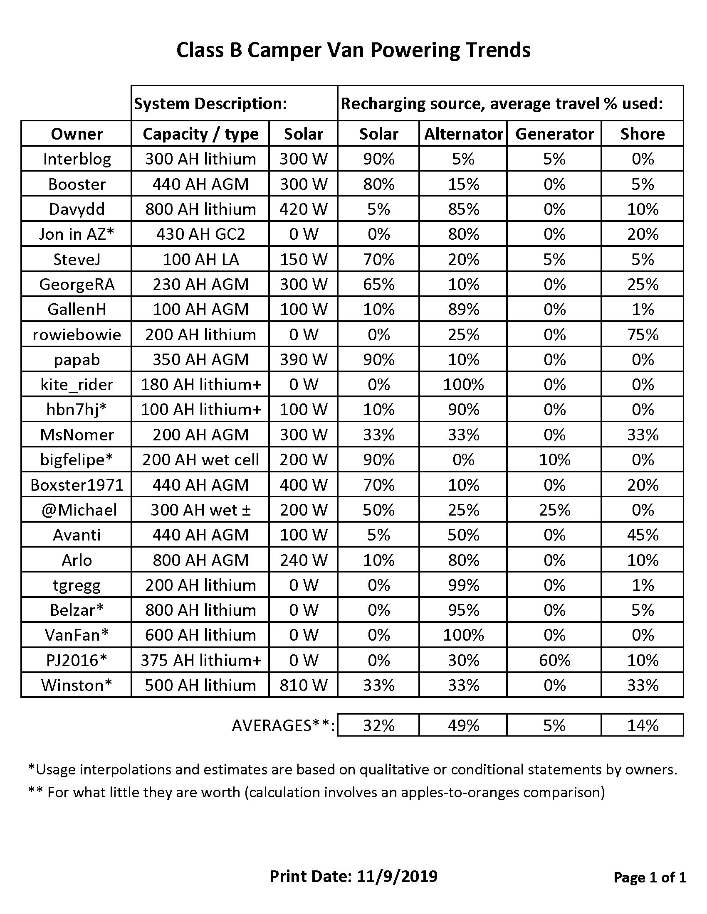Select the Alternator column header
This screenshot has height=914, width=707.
coord(463,134)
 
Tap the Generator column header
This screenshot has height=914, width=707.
coord(554,134)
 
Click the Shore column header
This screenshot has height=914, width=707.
coord(643,134)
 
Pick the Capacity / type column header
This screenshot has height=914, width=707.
coord(200,134)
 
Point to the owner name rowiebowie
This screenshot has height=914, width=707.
coord(77,335)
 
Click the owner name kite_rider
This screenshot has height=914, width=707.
coord(77,385)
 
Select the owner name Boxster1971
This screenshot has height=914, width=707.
coord(77,485)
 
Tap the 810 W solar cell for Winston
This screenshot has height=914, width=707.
coord(303,685)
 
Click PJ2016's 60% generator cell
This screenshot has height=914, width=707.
coord(554,661)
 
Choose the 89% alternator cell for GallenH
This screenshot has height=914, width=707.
coord(463,310)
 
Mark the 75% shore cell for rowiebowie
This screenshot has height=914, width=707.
coord(643,335)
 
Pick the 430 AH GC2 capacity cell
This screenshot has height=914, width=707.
coord(200,234)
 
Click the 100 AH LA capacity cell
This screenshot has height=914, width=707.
coord(200,260)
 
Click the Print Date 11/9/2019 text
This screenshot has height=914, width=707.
coord(353,876)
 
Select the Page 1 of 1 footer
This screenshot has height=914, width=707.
coord(650,877)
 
